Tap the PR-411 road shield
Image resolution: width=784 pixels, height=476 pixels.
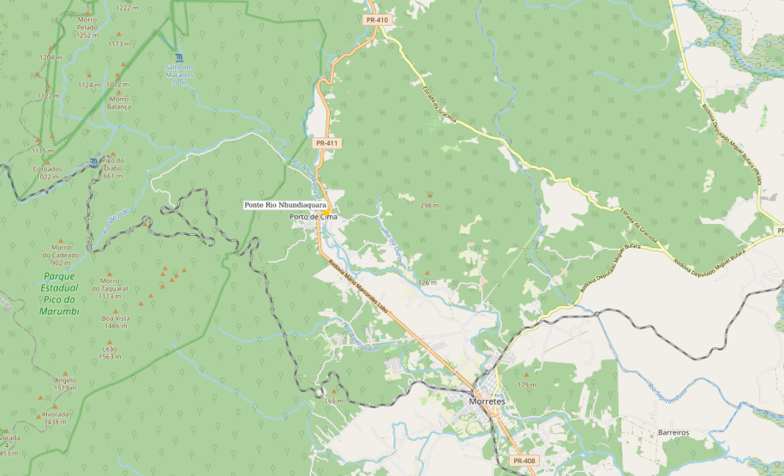(x=326, y=143)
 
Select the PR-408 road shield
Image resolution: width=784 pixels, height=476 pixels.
(x=524, y=461)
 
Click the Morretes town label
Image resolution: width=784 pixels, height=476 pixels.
(x=488, y=401)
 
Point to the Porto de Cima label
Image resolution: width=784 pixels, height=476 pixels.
(x=314, y=217)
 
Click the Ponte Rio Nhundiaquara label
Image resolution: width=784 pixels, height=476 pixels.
(x=284, y=205)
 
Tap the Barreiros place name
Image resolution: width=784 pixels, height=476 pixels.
(x=673, y=433)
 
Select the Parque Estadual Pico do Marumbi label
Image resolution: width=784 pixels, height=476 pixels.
(x=59, y=293)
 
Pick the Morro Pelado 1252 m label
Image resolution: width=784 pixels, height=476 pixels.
(x=87, y=27)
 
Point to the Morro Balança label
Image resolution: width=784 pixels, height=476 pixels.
(x=119, y=103)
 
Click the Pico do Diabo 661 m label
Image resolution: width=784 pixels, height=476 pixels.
(x=113, y=167)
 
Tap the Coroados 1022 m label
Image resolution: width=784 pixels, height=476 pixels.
(x=47, y=172)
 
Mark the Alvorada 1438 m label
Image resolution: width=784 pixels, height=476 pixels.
(x=56, y=418)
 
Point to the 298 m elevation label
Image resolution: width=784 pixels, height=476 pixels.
(x=429, y=205)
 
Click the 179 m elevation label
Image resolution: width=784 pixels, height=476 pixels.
(x=526, y=384)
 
